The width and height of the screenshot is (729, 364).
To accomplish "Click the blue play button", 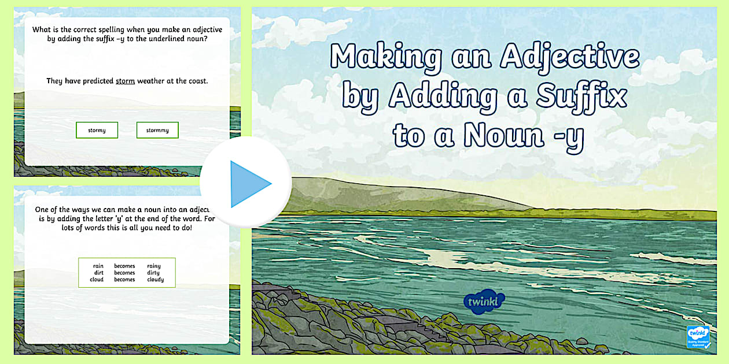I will tap(246, 184).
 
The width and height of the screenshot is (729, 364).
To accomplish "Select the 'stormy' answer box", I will tap(97, 130).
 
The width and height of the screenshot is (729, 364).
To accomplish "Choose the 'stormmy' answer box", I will tap(157, 130).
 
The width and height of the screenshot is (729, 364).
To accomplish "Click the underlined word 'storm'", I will tap(125, 81).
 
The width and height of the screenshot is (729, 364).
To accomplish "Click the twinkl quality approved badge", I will tap(698, 337).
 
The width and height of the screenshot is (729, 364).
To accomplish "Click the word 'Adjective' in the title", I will tap(570, 57).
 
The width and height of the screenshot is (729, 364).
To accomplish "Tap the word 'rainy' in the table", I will tap(154, 266).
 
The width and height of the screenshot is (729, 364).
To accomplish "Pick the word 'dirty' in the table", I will tap(154, 273).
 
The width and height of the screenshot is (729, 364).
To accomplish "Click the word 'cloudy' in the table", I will tap(155, 280).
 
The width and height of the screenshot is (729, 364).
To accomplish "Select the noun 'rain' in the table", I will tap(98, 266).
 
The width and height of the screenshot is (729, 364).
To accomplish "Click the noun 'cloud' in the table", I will tap(97, 280).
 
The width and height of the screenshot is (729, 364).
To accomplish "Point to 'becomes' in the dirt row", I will tap(124, 273).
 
